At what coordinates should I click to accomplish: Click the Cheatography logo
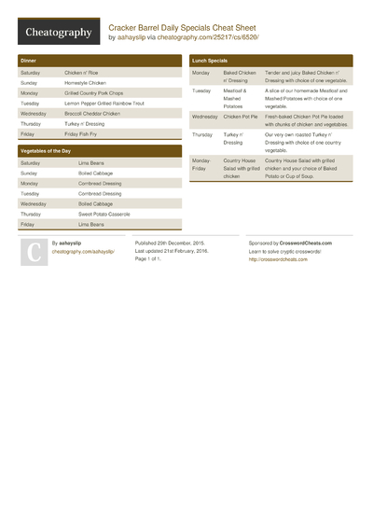(58, 33)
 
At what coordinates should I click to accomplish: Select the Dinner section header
(29, 60)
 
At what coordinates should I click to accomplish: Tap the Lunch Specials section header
(210, 60)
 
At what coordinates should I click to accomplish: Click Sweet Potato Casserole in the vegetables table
(104, 214)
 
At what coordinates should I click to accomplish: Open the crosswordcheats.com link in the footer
(277, 259)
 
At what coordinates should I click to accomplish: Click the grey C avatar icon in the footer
(32, 253)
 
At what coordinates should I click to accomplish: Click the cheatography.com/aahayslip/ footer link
(83, 251)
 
